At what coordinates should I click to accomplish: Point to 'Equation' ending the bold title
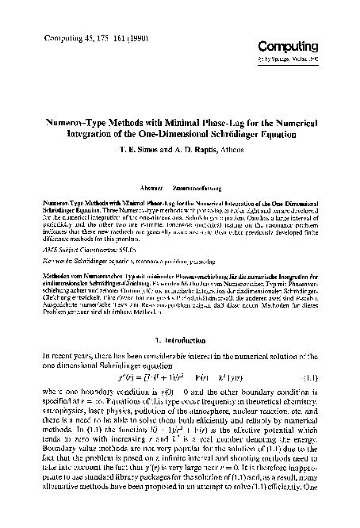[274, 136]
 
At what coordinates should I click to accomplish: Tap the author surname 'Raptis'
[205, 151]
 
